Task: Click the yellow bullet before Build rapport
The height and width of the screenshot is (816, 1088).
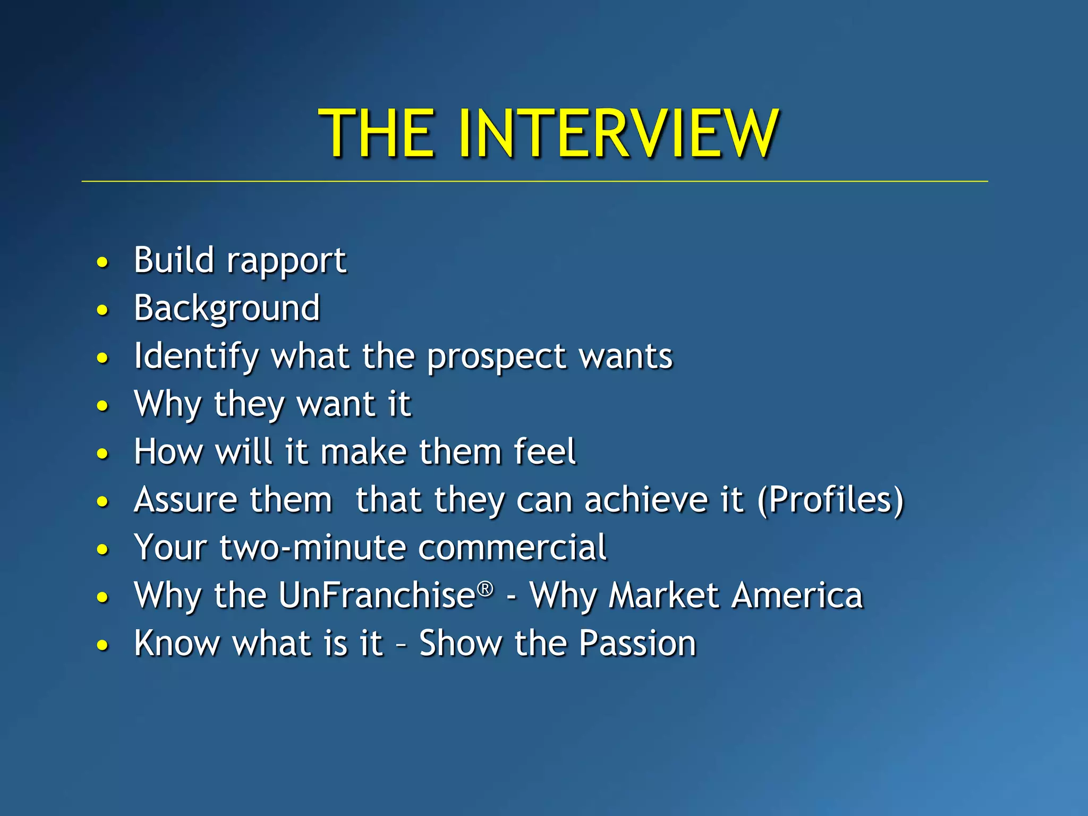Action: coord(103,262)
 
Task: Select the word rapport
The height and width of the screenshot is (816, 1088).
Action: coord(286,262)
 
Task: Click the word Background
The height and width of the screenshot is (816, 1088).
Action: coord(227,309)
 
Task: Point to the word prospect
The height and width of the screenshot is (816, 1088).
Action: coord(497,356)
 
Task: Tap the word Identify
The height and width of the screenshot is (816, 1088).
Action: coord(196,356)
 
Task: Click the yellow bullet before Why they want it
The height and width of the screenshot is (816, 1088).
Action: coord(103,406)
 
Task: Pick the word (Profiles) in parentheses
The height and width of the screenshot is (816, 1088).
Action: coord(830,500)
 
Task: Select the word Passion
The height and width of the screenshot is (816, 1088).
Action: coord(637,643)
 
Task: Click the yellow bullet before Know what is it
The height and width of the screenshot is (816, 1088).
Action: coord(103,645)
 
